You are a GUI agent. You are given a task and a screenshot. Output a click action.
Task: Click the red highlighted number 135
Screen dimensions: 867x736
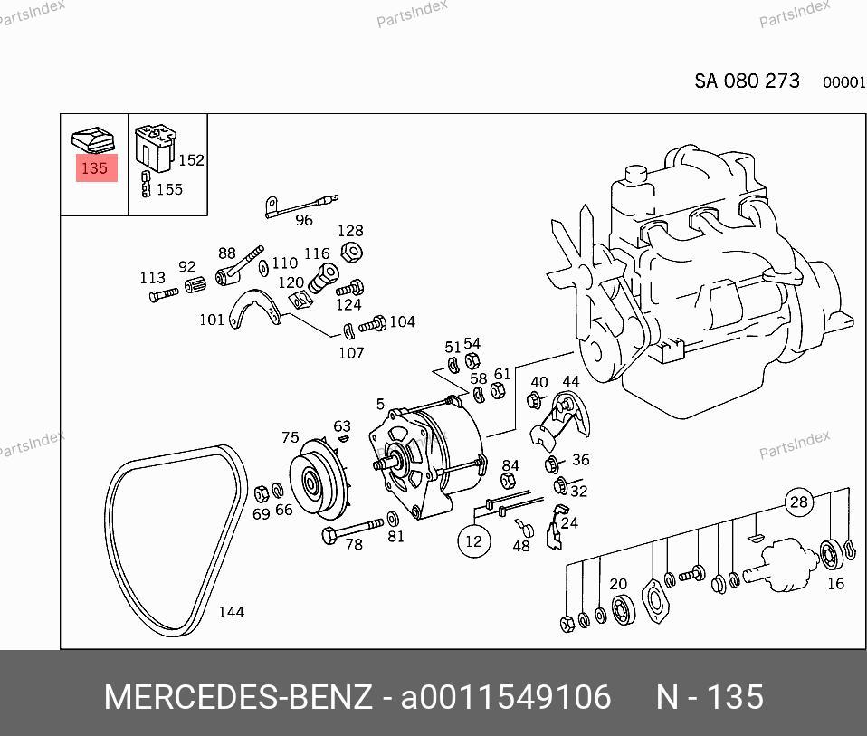94,168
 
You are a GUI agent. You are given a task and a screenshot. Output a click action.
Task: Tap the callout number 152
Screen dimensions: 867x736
191,160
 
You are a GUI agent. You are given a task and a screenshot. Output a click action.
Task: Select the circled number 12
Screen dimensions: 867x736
474,541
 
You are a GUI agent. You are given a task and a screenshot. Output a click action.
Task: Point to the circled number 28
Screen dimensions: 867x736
799,502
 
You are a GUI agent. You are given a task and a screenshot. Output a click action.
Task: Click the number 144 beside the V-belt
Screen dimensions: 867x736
231,612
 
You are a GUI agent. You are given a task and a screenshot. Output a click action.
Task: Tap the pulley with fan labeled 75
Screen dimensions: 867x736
319,480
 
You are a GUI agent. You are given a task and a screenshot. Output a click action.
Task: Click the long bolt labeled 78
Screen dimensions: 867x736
352,530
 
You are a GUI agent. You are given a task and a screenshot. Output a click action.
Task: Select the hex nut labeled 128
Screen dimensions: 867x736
351,253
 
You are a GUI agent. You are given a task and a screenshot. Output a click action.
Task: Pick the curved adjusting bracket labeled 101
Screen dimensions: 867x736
253,310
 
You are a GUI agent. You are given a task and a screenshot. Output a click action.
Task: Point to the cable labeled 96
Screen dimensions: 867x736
301,206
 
